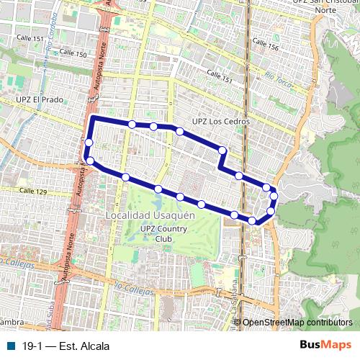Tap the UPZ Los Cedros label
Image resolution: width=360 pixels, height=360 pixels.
[220, 121]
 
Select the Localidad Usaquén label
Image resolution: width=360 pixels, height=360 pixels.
[150, 215]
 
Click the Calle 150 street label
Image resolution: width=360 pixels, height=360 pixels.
[73, 54]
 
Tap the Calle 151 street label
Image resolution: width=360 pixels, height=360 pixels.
[220, 74]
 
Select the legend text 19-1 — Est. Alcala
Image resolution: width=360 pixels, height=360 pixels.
[66, 346]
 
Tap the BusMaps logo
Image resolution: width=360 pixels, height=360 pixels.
[326, 345]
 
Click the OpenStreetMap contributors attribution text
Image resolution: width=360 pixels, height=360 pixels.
[297, 322]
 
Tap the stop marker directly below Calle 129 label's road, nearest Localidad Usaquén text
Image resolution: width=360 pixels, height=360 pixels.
[125, 177]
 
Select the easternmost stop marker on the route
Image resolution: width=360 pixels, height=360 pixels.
[274, 196]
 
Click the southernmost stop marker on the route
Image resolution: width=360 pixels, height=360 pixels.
[253, 220]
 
